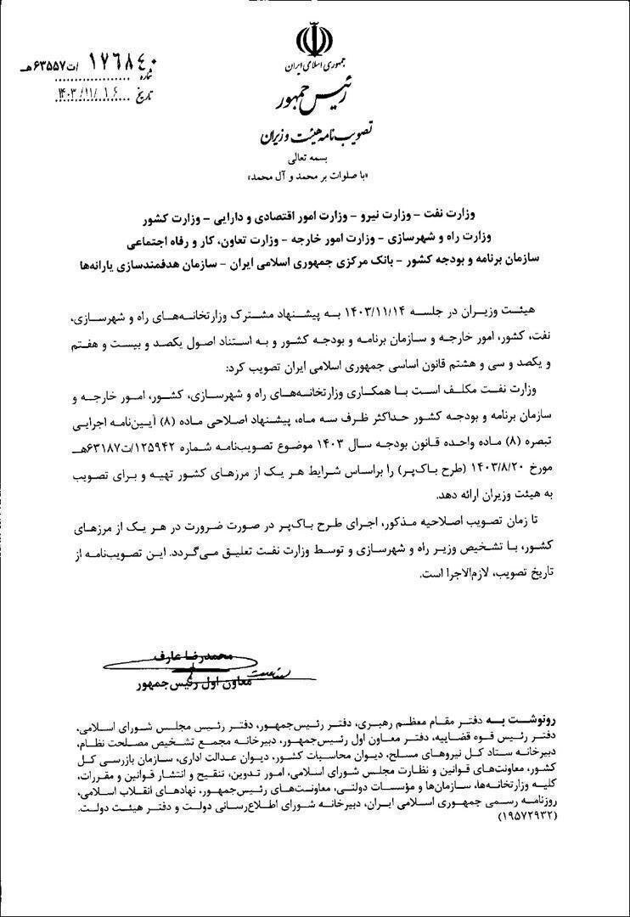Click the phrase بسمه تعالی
point(315,159)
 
